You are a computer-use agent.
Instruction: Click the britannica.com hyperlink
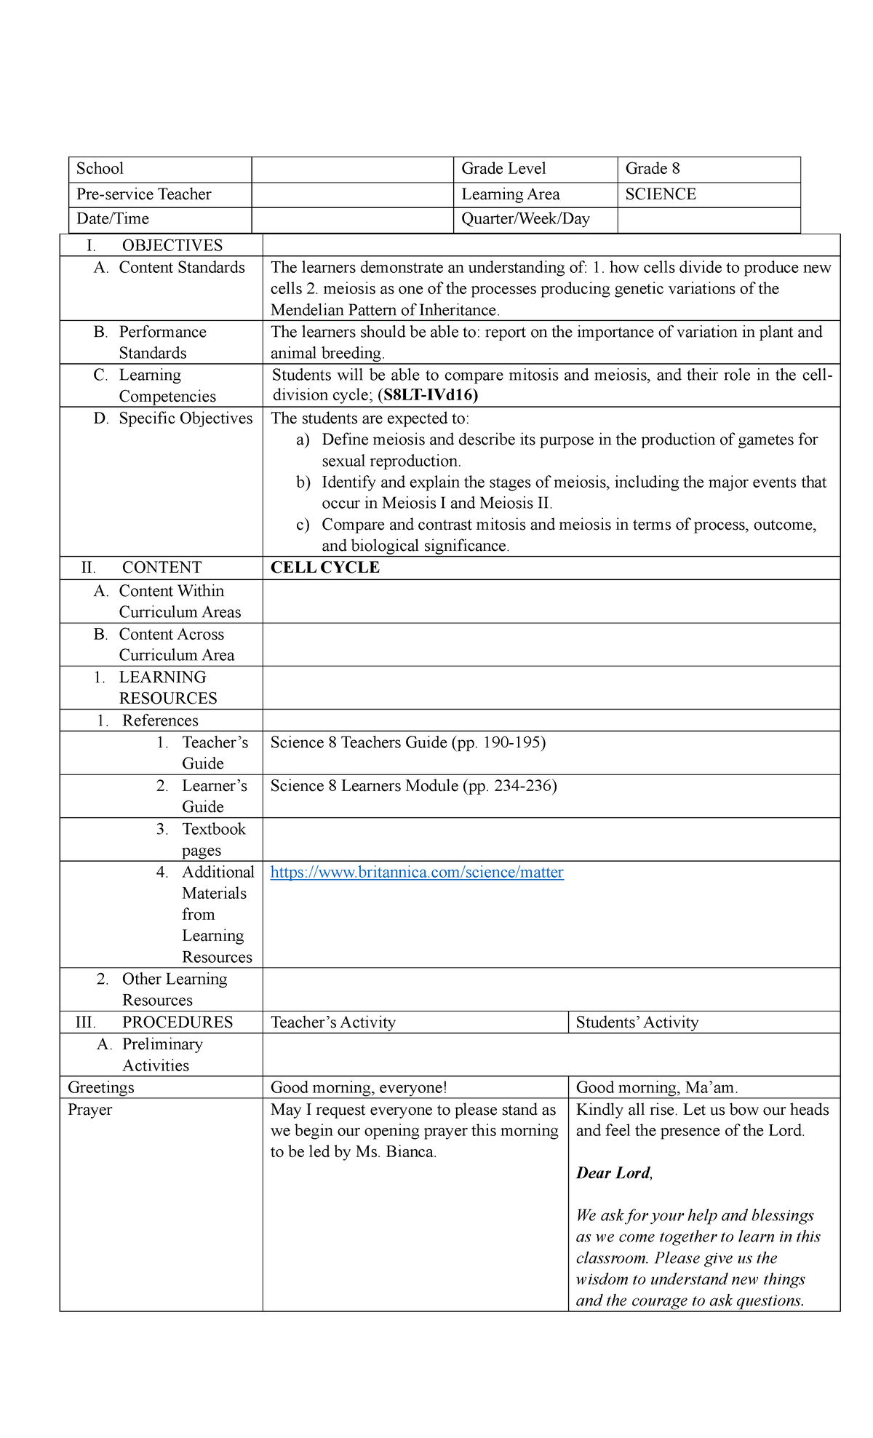[417, 872]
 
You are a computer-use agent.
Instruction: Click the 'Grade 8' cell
[653, 169]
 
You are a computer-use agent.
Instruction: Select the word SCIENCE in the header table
[661, 194]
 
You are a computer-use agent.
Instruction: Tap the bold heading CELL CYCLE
[325, 568]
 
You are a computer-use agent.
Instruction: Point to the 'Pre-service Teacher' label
[144, 194]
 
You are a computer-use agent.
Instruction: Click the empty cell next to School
[352, 169]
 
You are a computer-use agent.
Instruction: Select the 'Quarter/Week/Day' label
[525, 219]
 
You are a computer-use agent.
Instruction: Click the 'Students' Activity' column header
[637, 1022]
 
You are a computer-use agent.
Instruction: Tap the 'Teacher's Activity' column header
[333, 1022]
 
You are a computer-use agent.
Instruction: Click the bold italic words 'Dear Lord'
[613, 1173]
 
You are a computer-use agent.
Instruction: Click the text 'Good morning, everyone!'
[359, 1087]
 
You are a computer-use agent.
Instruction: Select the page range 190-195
[511, 742]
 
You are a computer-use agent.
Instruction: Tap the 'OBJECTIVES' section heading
[172, 245]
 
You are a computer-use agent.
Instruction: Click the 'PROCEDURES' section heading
[178, 1022]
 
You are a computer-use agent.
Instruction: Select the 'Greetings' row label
[101, 1087]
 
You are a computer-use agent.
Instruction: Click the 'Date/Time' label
[113, 219]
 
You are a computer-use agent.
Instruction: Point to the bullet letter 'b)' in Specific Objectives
[303, 482]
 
